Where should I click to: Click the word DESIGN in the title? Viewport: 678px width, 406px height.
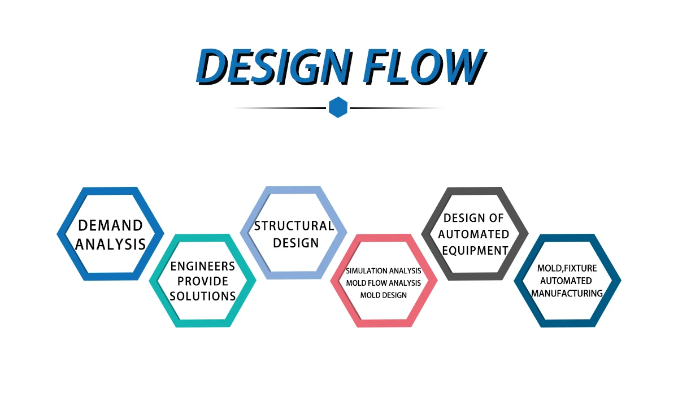tap(268, 66)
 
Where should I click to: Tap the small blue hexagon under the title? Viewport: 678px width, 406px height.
tap(338, 107)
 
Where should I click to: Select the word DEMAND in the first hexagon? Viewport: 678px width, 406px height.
tap(110, 226)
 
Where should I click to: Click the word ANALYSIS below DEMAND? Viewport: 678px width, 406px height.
tap(110, 245)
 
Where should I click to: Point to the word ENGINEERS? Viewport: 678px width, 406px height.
tap(202, 267)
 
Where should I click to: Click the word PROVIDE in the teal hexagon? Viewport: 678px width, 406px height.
tap(202, 281)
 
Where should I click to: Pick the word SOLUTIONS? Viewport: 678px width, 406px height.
tap(202, 296)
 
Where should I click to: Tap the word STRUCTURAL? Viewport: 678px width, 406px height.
tap(293, 226)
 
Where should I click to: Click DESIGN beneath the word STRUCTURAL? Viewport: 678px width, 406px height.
tap(293, 243)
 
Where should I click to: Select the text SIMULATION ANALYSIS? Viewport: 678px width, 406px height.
tap(383, 271)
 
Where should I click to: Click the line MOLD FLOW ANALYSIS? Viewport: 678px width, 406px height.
tap(383, 283)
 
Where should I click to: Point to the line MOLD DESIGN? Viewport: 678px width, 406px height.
tap(383, 295)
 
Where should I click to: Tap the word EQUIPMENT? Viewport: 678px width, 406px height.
tap(475, 250)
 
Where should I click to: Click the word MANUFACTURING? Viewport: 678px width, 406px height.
tap(567, 294)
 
